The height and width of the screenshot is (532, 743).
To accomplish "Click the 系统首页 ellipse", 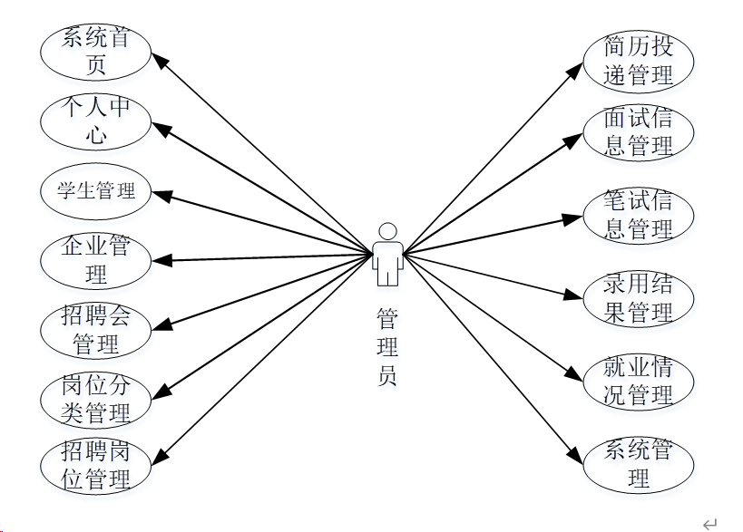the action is tap(95, 51).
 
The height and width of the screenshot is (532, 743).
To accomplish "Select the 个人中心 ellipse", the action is tap(95, 121).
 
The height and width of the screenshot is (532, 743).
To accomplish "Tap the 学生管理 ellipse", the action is tap(95, 191).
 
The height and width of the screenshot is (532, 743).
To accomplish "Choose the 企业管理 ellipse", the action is tap(95, 260).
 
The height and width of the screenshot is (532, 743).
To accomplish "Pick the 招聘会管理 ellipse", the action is tap(95, 331).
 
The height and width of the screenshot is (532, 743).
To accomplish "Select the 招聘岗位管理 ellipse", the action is tap(95, 466).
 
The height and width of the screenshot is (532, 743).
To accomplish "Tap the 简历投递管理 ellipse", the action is tap(639, 62).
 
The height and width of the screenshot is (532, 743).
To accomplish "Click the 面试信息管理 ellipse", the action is tap(639, 132).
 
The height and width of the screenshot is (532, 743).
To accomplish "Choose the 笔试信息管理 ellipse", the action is tap(639, 215).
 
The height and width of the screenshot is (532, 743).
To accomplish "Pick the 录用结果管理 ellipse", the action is tap(639, 300).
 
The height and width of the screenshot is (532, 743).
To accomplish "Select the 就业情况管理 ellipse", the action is tap(639, 382).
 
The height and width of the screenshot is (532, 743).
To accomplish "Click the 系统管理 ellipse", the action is tap(639, 463).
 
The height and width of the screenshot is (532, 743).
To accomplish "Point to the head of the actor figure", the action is tap(387, 230).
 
